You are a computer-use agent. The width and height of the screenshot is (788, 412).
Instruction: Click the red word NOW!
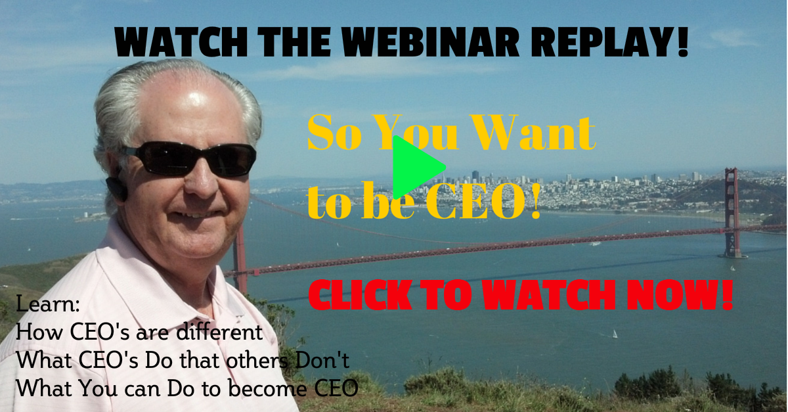point(680,295)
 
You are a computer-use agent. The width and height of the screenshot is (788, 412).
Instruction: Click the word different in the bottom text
point(219,332)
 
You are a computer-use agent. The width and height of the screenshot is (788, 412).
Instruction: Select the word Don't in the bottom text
point(322,360)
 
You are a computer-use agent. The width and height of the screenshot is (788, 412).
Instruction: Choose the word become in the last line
point(267,388)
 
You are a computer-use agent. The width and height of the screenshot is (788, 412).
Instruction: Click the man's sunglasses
point(190,158)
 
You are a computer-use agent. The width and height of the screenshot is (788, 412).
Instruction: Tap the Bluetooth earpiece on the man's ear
point(116,189)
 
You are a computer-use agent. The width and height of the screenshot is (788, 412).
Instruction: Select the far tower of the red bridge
point(732,212)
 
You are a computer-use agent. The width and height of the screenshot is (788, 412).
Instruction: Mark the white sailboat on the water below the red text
point(615,334)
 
